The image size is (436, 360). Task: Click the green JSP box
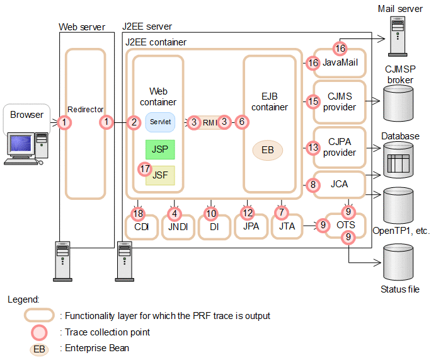(x=160, y=149)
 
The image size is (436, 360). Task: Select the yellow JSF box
(x=161, y=175)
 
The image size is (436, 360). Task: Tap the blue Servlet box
(x=160, y=122)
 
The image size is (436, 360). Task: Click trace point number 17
(x=144, y=169)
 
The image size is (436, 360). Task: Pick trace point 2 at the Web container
(x=134, y=122)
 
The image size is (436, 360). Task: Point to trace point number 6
(x=242, y=122)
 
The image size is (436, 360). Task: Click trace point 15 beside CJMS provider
(x=313, y=102)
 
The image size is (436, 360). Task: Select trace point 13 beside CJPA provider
(x=313, y=148)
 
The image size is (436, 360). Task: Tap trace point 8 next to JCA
(x=313, y=185)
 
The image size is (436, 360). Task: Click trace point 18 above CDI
(x=138, y=214)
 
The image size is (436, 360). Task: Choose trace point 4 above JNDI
(x=175, y=214)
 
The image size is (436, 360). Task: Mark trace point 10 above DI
(x=211, y=214)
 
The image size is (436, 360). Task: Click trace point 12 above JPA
(x=247, y=213)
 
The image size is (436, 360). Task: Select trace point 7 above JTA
(x=282, y=212)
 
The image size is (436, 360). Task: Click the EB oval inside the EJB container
(x=268, y=150)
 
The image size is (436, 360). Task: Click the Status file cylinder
(x=398, y=262)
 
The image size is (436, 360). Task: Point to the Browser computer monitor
(x=21, y=144)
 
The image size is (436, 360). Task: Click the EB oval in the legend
(x=39, y=349)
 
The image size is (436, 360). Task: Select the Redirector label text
(x=85, y=110)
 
